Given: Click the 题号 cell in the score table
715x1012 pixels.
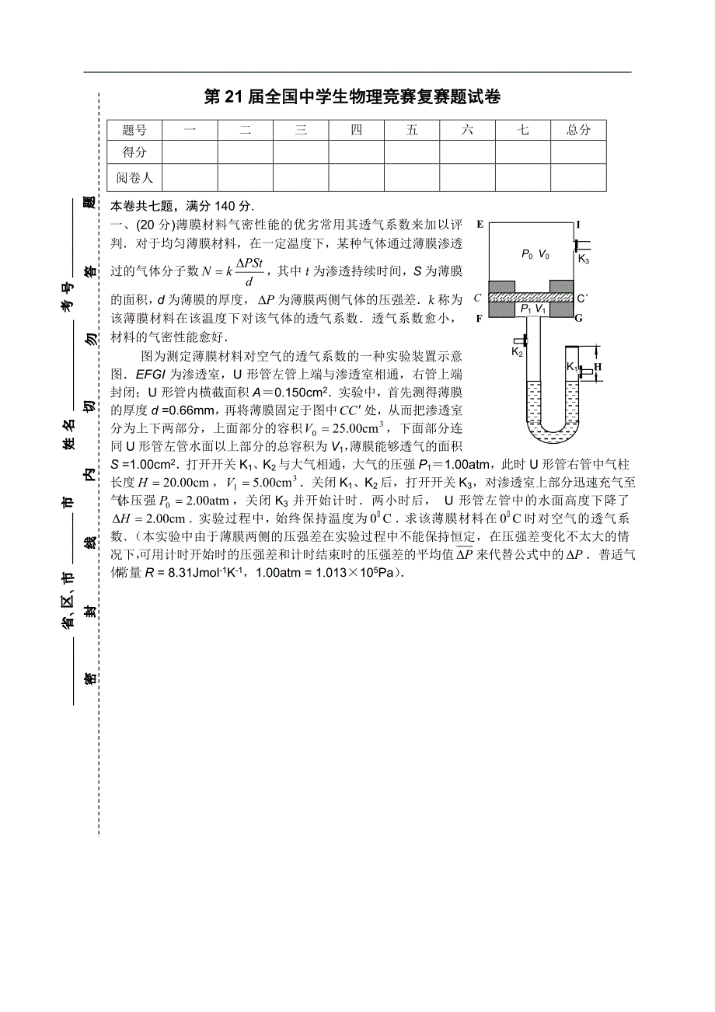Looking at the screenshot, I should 134,131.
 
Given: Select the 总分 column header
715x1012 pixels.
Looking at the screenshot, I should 577,131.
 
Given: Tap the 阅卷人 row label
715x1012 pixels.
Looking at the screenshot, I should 134,177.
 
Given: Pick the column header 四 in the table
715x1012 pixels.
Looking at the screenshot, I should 356,131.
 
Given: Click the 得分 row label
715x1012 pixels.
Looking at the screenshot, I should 134,153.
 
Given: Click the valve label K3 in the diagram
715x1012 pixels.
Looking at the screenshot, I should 584,260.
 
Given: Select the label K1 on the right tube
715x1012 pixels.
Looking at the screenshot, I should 572,366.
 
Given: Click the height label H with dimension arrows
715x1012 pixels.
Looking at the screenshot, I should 598,365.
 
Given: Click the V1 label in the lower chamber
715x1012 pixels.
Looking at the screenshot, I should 542,309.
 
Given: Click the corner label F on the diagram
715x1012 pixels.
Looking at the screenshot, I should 480,318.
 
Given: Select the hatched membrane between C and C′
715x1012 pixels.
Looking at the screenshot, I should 534,296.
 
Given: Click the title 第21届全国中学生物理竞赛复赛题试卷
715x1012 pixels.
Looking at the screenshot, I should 352,97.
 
